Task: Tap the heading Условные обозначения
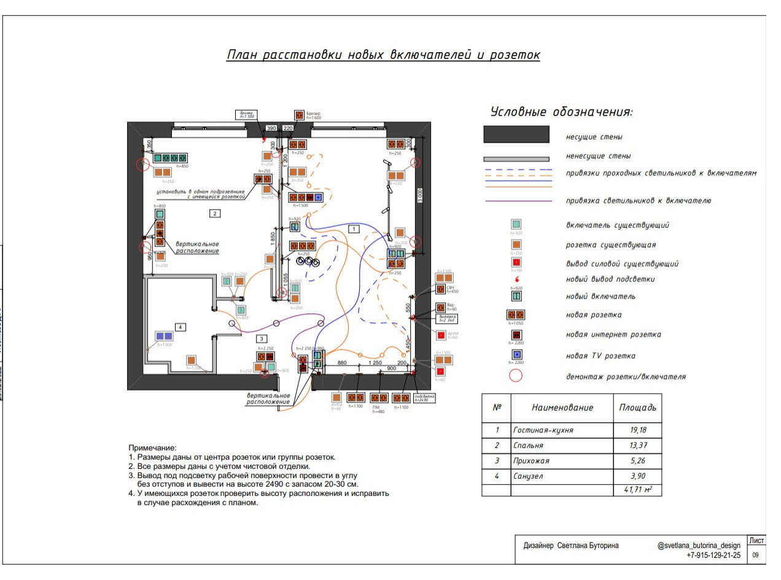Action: (561, 112)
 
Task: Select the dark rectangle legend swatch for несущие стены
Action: (516, 135)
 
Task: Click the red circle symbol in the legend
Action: (516, 375)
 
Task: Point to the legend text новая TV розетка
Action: (600, 356)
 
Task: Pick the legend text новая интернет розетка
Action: (613, 335)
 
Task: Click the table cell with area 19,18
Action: (637, 430)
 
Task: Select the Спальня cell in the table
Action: (526, 445)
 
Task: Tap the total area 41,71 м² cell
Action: (638, 490)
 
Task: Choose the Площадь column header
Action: (637, 407)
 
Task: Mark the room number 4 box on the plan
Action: (181, 327)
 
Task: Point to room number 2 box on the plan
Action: (215, 213)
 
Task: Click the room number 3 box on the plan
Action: (262, 339)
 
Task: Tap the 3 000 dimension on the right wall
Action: (421, 195)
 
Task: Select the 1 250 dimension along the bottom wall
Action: (375, 363)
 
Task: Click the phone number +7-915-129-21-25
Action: (713, 555)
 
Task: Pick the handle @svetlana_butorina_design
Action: (699, 546)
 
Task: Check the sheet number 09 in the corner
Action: (755, 555)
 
